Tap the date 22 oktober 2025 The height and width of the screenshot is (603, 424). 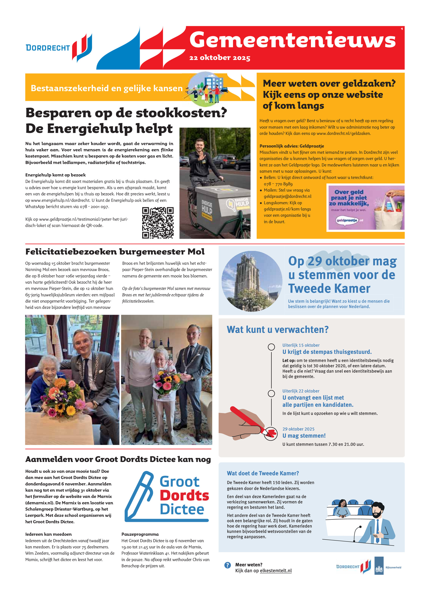click(220, 58)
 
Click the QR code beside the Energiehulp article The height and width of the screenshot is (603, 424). click(158, 223)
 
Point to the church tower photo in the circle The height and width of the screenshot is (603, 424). click(252, 281)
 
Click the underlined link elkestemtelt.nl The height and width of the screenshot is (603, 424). click(276, 571)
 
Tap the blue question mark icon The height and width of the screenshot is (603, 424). click(227, 565)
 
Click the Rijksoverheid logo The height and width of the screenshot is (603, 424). click(379, 566)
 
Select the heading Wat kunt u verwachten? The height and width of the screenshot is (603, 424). click(277, 330)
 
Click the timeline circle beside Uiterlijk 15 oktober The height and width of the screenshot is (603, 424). click(271, 347)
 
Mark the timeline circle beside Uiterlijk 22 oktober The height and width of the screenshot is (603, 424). click(271, 393)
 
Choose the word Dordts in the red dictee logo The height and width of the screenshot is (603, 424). click(184, 496)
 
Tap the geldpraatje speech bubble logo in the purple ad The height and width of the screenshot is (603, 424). click(347, 220)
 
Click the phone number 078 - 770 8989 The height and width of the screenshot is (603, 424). click(278, 184)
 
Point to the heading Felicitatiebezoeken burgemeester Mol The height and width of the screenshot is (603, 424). click(115, 252)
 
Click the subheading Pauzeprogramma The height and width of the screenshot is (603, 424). click(140, 534)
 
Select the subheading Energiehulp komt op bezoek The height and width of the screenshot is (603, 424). click(55, 175)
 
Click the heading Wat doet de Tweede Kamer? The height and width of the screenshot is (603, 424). click(263, 473)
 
